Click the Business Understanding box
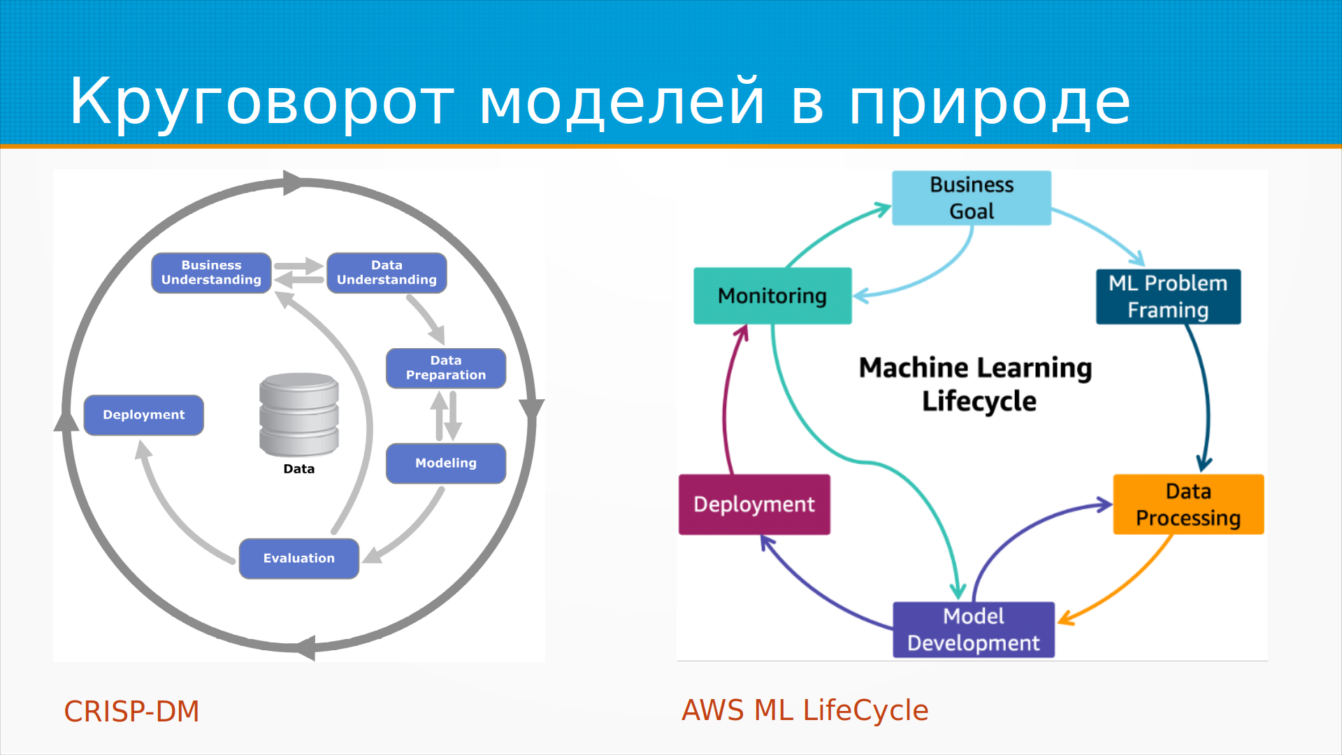[211, 273]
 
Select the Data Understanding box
[387, 273]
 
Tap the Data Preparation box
[446, 368]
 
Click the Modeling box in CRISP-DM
[446, 463]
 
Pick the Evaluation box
[299, 558]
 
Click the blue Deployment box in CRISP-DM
[144, 415]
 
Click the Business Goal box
[972, 198]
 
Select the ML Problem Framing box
[1168, 296]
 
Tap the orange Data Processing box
[1188, 504]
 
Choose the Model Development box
[974, 629]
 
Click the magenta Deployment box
[754, 504]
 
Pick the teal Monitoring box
[772, 296]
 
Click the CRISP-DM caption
[132, 712]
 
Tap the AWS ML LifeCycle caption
[805, 710]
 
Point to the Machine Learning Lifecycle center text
[976, 384]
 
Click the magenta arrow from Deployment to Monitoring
[726, 405]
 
